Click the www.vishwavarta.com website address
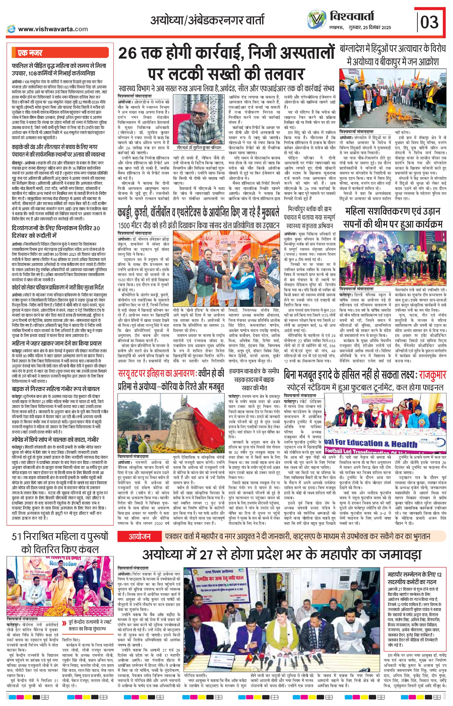pyautogui.click(x=53, y=29)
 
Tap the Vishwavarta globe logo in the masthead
pyautogui.click(x=317, y=21)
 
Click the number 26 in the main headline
pyautogui.click(x=129, y=54)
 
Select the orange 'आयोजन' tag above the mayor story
pyautogui.click(x=140, y=537)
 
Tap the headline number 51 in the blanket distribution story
pyautogui.click(x=18, y=537)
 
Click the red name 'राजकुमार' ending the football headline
pyautogui.click(x=432, y=376)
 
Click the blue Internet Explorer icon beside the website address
pyautogui.click(x=11, y=29)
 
